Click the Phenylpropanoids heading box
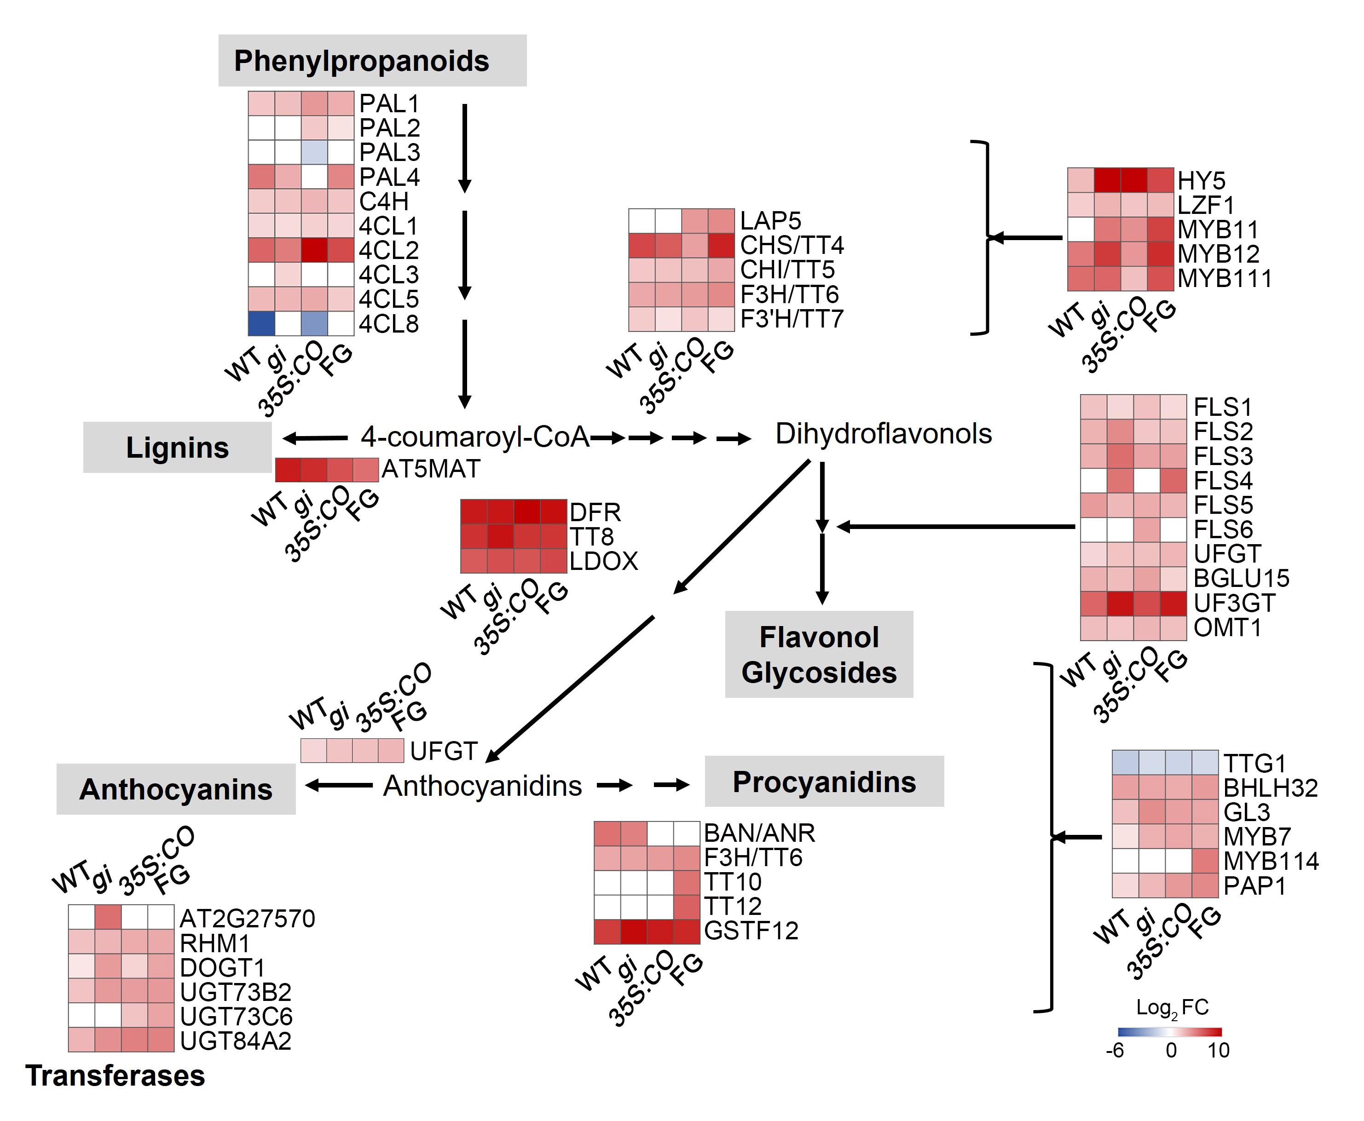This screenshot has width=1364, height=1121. (372, 60)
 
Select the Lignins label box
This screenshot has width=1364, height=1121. (177, 447)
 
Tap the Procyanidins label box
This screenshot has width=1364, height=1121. (824, 782)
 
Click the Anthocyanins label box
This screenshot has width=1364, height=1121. (176, 789)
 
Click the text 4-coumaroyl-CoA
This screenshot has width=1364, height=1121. (475, 437)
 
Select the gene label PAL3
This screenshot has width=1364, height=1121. (389, 152)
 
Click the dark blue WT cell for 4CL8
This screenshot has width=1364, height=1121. (261, 323)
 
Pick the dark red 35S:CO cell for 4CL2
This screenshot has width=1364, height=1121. (314, 250)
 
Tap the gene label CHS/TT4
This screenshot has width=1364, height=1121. (792, 245)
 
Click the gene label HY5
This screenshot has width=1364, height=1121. (1201, 180)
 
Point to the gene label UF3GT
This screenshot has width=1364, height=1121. (1234, 603)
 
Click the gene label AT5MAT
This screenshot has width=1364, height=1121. (431, 469)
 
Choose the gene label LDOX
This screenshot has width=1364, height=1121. (603, 560)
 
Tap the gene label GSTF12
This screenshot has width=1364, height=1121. (751, 931)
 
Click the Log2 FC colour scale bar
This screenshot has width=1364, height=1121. (1170, 1032)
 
